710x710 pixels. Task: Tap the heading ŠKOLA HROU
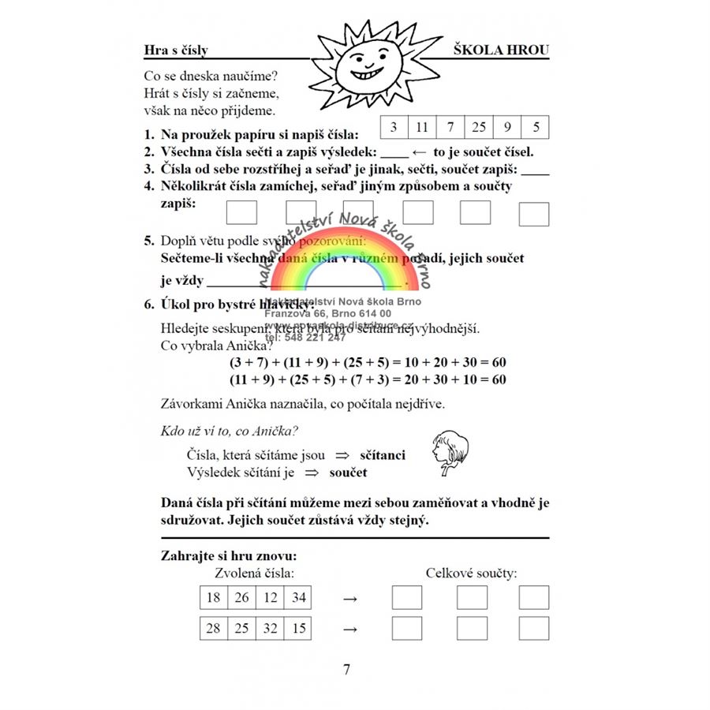click(501, 50)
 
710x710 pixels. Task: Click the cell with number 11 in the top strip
click(422, 126)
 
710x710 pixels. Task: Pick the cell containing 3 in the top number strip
click(394, 126)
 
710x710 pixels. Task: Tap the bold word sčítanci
click(383, 455)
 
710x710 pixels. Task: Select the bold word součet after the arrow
click(348, 473)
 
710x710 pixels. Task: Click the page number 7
click(346, 670)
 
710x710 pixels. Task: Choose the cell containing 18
click(213, 598)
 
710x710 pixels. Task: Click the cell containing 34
click(298, 598)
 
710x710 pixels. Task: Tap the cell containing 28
click(213, 629)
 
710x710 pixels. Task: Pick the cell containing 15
click(298, 629)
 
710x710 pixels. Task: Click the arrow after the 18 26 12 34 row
click(350, 599)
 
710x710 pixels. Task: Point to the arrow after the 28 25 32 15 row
click(350, 630)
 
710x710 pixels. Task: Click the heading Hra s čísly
click(176, 50)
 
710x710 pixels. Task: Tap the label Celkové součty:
click(471, 574)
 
